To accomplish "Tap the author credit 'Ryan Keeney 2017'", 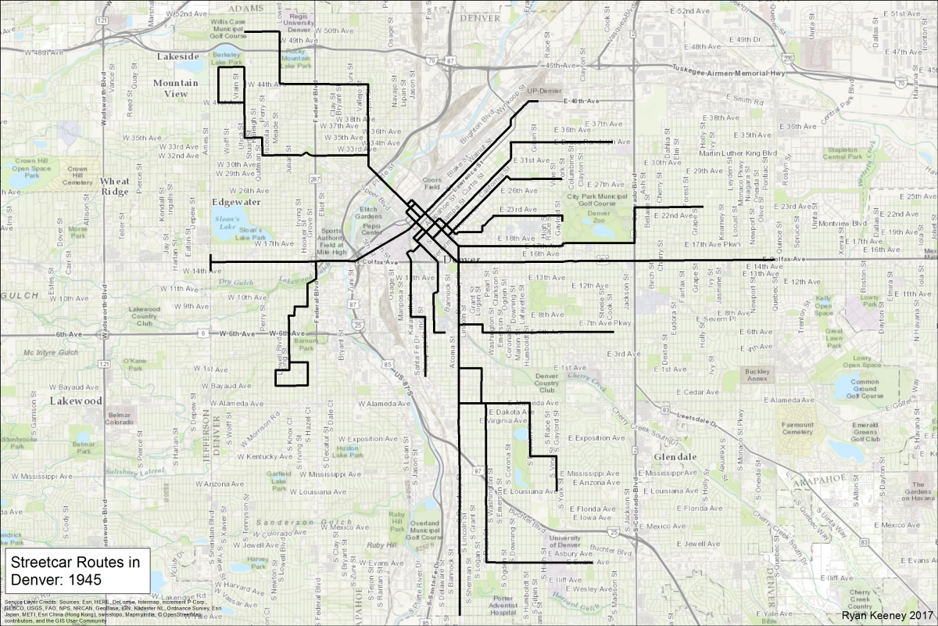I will tap(884, 617).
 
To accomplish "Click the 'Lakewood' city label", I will tap(76, 400).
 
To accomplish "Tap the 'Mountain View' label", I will tap(175, 88).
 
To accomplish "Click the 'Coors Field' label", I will tap(432, 184).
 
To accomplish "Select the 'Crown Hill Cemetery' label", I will tap(77, 174).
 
